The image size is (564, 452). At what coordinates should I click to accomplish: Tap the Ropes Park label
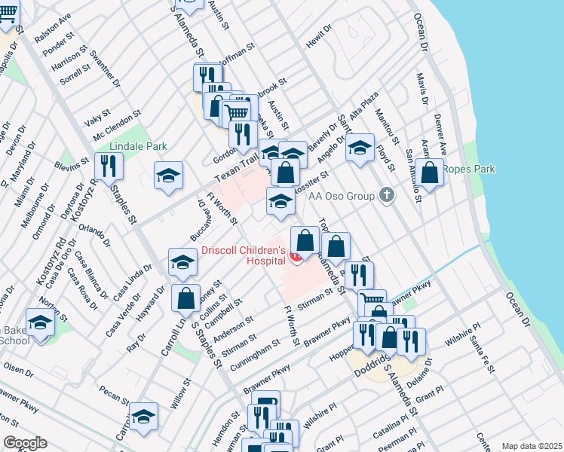point(468,169)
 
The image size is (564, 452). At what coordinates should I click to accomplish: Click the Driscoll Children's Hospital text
point(243,256)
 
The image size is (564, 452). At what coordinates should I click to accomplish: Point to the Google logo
point(24,443)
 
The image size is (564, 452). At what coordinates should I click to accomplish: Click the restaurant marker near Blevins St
point(109,167)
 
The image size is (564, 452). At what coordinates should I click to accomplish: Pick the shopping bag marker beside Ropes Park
point(430,173)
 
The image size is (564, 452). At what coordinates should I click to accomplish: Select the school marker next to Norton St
point(40,322)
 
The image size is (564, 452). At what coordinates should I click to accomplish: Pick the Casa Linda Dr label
point(126,280)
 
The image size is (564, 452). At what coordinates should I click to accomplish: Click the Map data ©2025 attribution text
point(531,446)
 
